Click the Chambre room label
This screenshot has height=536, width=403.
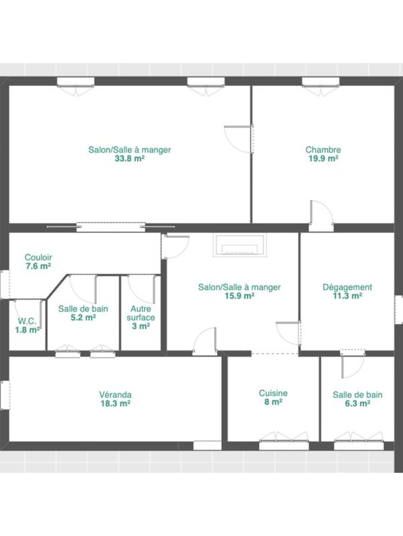pyautogui.click(x=323, y=150)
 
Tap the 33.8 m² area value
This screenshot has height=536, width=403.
pyautogui.click(x=129, y=159)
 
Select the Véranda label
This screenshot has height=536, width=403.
pyautogui.click(x=115, y=395)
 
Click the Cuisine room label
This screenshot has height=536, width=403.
pyautogui.click(x=273, y=393)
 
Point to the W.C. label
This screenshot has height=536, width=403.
pyautogui.click(x=27, y=320)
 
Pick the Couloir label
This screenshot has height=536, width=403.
pyautogui.click(x=38, y=257)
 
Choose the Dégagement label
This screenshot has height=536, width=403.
pyautogui.click(x=347, y=287)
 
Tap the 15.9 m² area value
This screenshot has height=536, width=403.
pyautogui.click(x=239, y=295)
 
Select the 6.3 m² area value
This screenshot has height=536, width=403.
pyautogui.click(x=357, y=404)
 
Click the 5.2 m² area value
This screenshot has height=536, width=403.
pyautogui.click(x=83, y=318)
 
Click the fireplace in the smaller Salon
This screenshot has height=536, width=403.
pyautogui.click(x=240, y=246)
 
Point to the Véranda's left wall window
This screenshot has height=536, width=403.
pyautogui.click(x=5, y=395)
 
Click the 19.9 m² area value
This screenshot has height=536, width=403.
pyautogui.click(x=323, y=159)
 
